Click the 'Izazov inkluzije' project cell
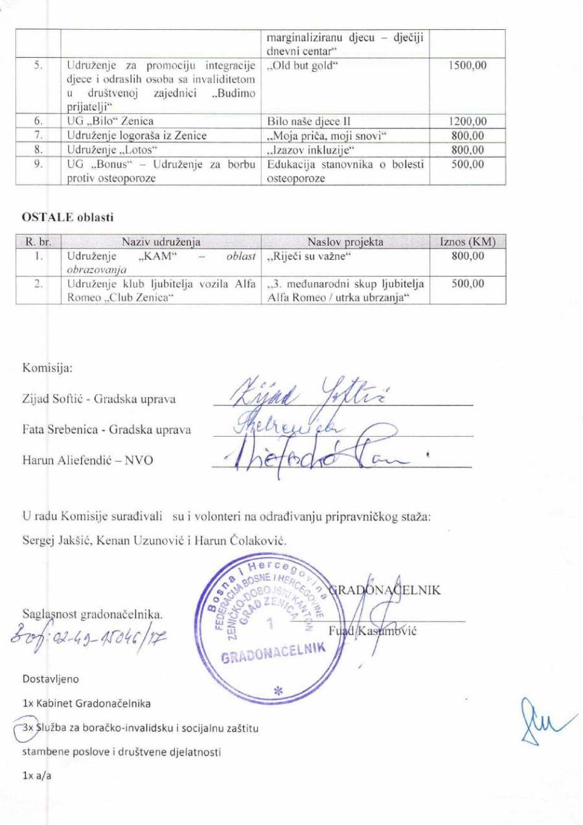pyautogui.click(x=303, y=150)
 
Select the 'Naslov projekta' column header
pyautogui.click(x=345, y=242)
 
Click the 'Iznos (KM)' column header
pyautogui.click(x=468, y=242)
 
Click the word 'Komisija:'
pyautogui.click(x=47, y=367)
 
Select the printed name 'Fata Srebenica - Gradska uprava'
pyautogui.click(x=107, y=429)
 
